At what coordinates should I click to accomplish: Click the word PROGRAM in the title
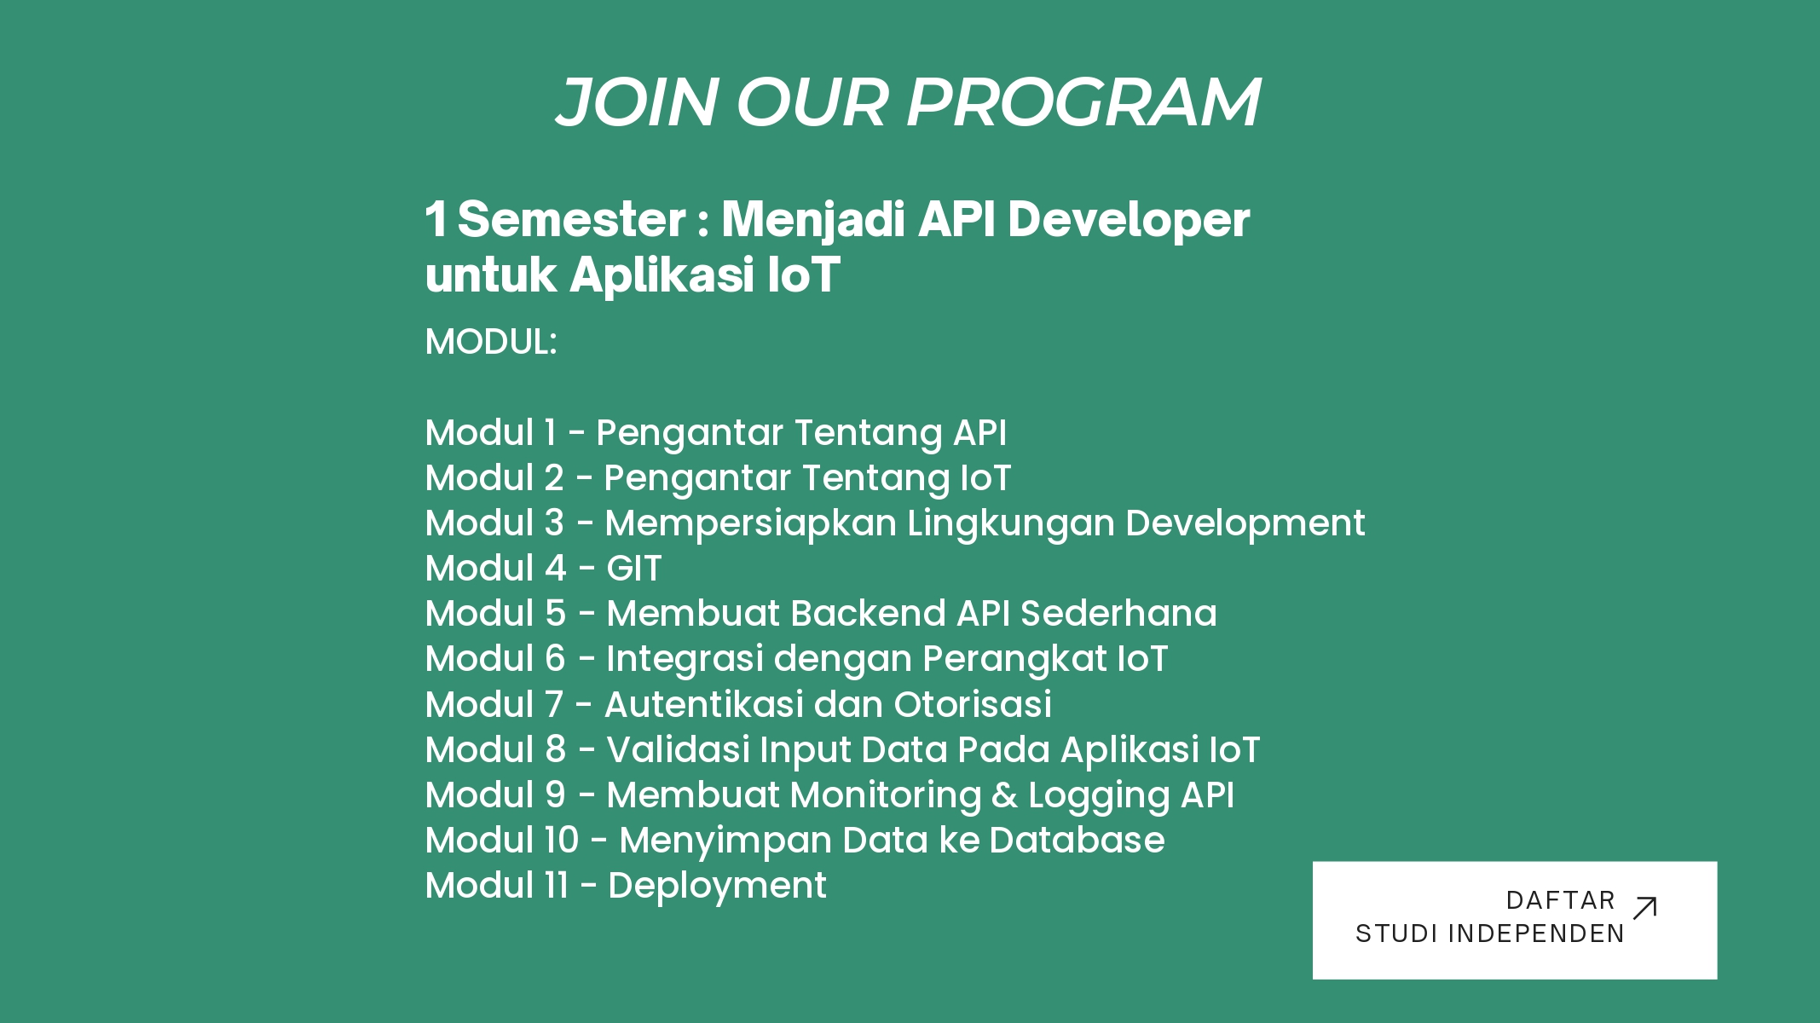(1083, 102)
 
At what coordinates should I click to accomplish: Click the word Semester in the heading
(572, 219)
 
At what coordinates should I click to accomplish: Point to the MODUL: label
(491, 342)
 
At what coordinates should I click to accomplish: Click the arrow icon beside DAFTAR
(1644, 908)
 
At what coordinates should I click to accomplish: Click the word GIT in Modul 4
(633, 569)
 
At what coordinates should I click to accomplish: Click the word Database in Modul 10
(1077, 841)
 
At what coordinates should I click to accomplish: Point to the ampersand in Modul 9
(1005, 795)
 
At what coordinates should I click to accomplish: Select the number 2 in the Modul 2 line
(554, 478)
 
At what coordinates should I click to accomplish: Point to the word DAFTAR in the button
(1561, 900)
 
